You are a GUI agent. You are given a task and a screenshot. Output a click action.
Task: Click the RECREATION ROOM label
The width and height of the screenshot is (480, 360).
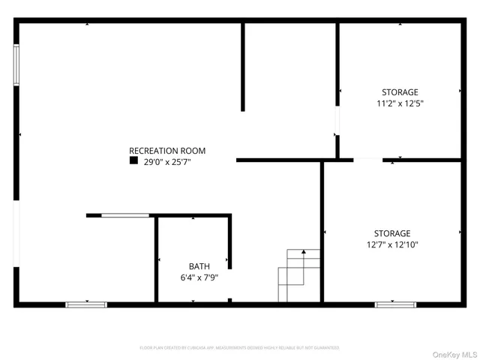[x=166, y=151]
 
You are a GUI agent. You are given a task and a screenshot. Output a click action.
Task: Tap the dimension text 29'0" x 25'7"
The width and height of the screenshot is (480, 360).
[x=167, y=161]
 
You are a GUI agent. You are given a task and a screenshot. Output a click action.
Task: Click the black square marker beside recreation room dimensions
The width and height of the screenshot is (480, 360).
[x=133, y=160]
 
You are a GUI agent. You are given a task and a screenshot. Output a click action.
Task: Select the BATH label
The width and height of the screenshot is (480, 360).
[x=199, y=266]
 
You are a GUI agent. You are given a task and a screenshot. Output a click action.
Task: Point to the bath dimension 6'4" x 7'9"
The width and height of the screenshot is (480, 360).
[x=199, y=277]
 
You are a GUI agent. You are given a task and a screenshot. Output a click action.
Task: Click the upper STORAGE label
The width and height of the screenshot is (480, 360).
[x=399, y=92]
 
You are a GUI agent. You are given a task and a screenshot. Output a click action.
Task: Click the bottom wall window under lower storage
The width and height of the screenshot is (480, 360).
[x=395, y=304]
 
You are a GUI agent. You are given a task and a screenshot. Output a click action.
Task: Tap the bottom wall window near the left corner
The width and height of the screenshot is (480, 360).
[x=86, y=304]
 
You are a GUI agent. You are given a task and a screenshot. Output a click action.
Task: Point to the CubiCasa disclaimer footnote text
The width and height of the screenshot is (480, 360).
[x=239, y=348]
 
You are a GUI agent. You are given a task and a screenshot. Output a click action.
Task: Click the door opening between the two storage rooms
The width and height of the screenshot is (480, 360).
[x=367, y=160]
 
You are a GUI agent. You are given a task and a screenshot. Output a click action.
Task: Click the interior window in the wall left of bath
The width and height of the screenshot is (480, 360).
[x=125, y=216]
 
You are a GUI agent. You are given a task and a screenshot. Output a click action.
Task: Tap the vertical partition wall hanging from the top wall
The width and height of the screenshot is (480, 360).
[x=242, y=67]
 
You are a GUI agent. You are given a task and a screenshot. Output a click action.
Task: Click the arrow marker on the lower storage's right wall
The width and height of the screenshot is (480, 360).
[x=460, y=232]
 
